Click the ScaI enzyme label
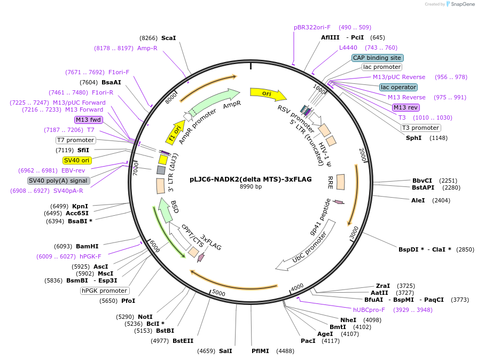tap(168, 38)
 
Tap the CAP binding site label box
tap(377, 58)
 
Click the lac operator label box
tap(398, 87)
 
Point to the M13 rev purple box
tap(406, 107)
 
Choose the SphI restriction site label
tap(413, 138)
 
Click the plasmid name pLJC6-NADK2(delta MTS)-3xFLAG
tap(251, 179)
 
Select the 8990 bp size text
tap(251, 187)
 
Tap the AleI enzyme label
tap(418, 200)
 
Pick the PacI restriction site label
tap(308, 340)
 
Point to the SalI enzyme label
tap(225, 351)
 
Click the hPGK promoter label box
tap(105, 291)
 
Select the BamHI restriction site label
tap(87, 246)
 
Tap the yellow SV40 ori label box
tap(77, 160)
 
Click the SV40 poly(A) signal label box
tap(58, 181)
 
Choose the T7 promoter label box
tap(75, 140)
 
